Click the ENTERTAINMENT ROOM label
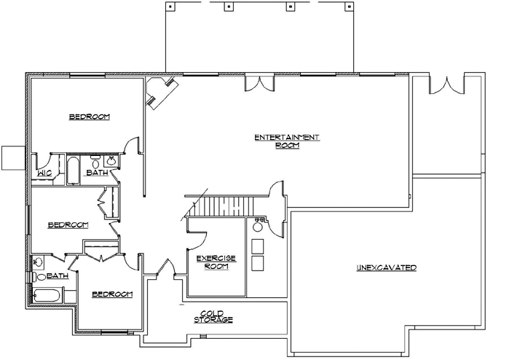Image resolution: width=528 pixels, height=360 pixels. tap(286, 141)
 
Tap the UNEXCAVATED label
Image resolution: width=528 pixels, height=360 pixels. tap(386, 268)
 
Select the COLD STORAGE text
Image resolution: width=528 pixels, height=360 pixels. tap(213, 316)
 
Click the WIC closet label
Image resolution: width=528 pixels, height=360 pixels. tap(43, 173)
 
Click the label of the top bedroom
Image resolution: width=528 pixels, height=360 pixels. tap(89, 117)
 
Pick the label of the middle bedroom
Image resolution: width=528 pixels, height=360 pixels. tap(68, 225)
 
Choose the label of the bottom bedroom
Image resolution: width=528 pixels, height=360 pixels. tap(112, 294)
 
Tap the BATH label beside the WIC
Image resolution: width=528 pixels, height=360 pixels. tap(97, 173)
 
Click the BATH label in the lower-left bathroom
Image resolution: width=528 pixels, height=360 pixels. tap(58, 276)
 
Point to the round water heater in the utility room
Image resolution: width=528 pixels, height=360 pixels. tap(257, 227)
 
